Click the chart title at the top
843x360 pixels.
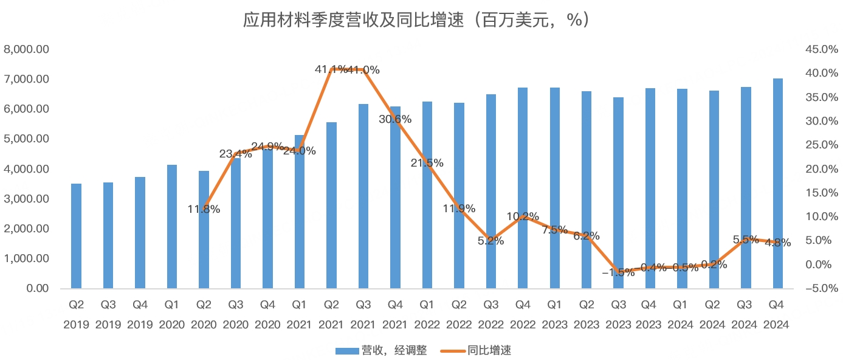421,20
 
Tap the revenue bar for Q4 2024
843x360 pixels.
778,183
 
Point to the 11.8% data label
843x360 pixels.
204,210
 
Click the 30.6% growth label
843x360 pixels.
395,119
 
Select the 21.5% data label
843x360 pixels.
427,163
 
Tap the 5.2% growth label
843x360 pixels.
491,241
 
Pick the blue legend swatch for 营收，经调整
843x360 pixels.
346,350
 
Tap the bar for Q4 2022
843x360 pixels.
523,188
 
